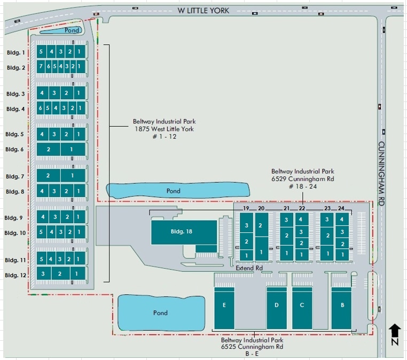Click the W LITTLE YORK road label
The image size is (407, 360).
coord(203,11)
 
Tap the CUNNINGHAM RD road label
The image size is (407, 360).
coord(381,174)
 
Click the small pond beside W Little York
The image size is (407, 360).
coord(61,30)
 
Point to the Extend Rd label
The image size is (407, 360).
coord(249,268)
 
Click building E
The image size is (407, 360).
coord(224,309)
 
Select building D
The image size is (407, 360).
coord(276,309)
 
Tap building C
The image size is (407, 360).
coord(302,309)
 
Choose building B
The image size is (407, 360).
coord(341,309)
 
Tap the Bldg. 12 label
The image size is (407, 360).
coord(15,275)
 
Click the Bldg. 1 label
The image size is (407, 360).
coord(16,52)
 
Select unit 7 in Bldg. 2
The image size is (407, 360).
coord(41,66)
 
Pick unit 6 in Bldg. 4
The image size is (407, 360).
coord(41,108)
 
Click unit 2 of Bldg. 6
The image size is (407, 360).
coord(48,149)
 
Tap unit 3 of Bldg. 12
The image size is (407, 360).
coord(43,273)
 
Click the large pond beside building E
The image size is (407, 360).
coord(160,312)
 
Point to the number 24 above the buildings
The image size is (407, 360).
coord(341,208)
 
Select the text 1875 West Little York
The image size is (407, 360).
coord(163,129)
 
